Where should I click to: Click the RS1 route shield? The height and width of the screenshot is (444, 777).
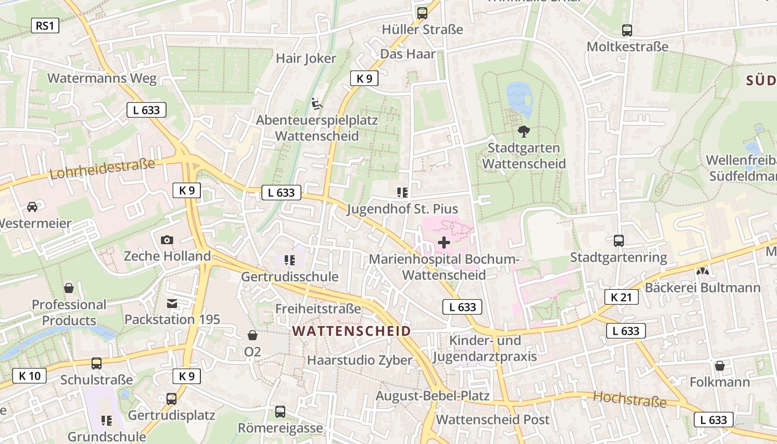coord(44,26)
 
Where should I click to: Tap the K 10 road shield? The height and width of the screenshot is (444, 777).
coord(29,376)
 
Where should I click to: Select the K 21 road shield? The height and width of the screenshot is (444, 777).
coord(621,297)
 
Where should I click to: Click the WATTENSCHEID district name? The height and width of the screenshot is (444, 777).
coord(351,331)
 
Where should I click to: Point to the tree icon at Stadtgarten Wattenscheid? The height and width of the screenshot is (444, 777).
coord(523,132)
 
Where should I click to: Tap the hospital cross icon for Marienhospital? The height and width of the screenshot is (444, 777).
coord(444,243)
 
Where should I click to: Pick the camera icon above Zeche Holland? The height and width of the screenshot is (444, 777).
coord(167,240)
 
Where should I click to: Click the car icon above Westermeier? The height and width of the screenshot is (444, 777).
coord(32,207)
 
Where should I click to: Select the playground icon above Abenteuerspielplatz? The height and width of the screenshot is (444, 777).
coord(316,103)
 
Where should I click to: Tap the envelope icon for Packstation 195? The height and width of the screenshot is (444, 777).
coord(172,304)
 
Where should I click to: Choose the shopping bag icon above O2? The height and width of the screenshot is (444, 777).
coord(253,335)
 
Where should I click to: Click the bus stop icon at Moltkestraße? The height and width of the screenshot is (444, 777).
coord(627,31)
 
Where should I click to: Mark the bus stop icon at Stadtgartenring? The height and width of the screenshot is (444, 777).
coord(619,241)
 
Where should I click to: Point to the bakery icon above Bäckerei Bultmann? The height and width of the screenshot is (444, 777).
coord(703,271)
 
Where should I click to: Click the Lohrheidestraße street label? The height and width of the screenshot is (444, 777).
coord(102,168)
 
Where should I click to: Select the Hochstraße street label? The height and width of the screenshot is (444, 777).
coord(629,398)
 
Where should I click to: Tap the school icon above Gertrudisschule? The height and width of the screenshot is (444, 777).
coord(289,260)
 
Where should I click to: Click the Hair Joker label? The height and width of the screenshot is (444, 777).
coord(306,58)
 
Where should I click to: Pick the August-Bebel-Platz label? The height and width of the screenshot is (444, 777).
coord(432,396)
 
